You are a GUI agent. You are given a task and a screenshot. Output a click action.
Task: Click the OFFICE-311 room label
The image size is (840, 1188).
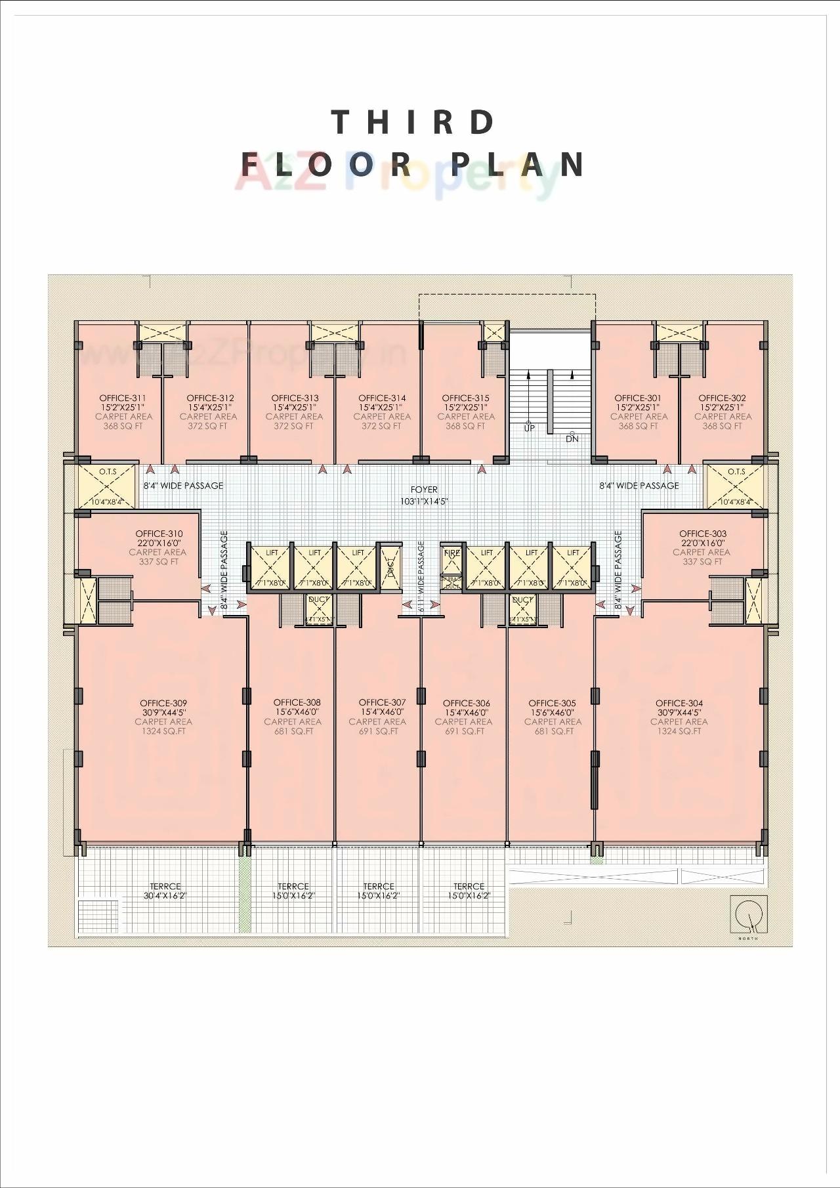pos(123,398)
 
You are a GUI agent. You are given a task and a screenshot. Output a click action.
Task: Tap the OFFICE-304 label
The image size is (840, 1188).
pos(679,703)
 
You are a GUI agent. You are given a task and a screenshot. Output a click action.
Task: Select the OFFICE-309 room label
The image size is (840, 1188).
pos(163,703)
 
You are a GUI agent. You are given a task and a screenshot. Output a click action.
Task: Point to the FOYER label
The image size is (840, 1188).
pos(424,490)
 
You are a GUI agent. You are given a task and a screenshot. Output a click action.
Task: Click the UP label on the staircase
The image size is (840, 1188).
pos(530,428)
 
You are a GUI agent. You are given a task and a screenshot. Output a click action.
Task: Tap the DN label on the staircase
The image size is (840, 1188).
pos(572,438)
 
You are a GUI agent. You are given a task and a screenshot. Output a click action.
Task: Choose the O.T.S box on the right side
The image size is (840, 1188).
pos(736,486)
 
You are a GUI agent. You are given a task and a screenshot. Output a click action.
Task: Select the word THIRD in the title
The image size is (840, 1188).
pos(414,123)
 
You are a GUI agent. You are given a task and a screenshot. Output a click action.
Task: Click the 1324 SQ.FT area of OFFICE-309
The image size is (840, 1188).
pos(163,731)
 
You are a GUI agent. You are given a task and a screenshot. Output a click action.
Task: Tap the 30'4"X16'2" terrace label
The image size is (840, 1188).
pos(165,895)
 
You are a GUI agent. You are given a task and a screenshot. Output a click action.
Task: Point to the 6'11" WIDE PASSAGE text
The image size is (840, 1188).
pos(421,576)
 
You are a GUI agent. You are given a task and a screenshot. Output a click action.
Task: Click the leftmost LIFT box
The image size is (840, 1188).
pos(272,566)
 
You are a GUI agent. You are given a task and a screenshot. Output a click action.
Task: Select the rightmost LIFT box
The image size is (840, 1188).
pos(573,566)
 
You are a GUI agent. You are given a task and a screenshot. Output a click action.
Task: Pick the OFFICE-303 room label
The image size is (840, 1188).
pos(703,534)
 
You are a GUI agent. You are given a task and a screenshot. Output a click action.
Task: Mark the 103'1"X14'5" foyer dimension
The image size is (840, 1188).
pos(424,501)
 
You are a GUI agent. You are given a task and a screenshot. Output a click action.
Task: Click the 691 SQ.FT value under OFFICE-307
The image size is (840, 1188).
pos(378,731)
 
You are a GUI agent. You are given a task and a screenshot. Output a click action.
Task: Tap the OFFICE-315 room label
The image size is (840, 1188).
pos(465,398)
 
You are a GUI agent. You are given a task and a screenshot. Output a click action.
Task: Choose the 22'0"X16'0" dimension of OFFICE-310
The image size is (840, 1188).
pos(159,543)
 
